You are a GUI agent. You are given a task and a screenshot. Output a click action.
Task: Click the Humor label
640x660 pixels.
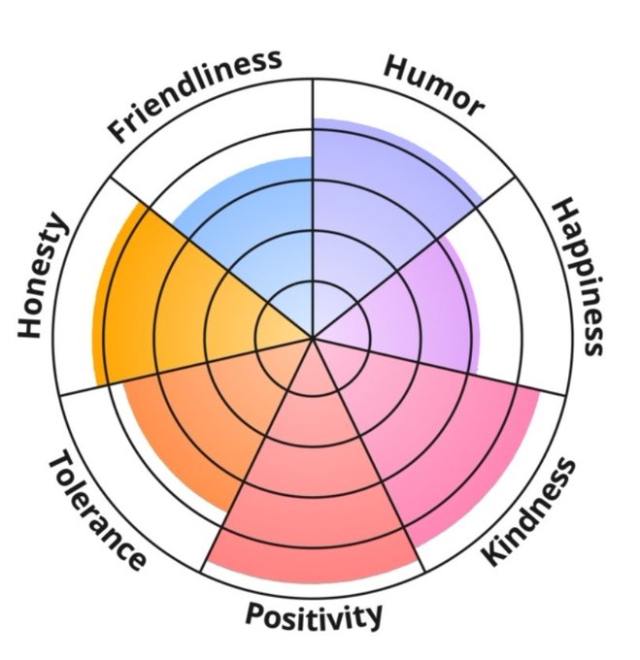433,84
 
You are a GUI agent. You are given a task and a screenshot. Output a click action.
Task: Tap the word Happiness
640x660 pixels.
580,276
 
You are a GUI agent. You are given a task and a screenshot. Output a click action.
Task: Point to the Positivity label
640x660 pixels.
313,615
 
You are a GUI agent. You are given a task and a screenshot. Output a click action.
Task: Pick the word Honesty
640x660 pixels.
45,277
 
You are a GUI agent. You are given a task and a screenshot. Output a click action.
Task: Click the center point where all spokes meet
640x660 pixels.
313,338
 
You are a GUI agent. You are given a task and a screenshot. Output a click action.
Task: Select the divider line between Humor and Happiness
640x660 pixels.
456,223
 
